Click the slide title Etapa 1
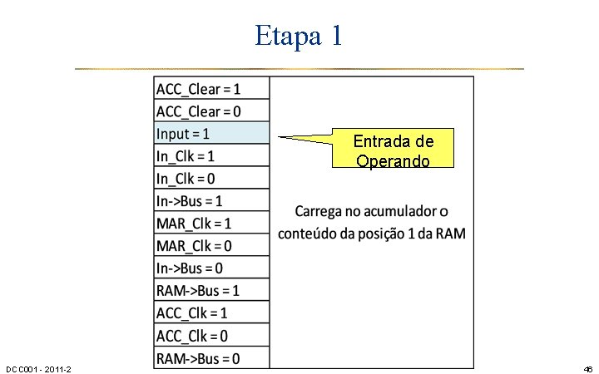(x=299, y=35)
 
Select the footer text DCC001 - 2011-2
(x=38, y=368)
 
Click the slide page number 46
(x=587, y=368)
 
